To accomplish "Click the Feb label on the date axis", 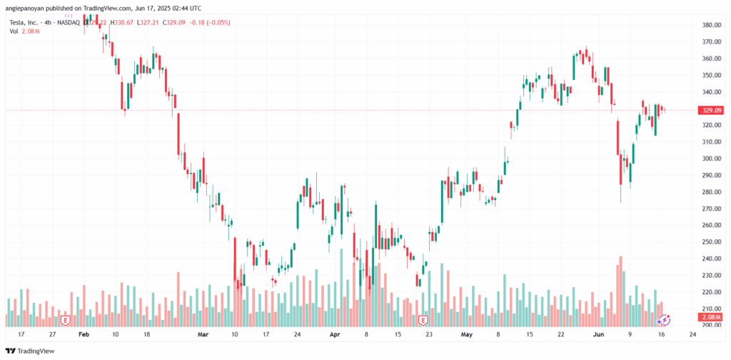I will coord(84,334).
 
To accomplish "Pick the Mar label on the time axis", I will coord(203,334).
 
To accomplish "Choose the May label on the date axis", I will coord(467,334).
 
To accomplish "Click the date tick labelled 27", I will coord(53,334).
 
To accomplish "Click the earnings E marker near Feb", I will coord(65,320).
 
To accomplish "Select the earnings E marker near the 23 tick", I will coord(423,320).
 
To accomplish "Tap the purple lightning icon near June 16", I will coord(663,320).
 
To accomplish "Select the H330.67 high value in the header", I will coord(121,22).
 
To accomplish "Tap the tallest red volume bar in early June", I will coord(621,289).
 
